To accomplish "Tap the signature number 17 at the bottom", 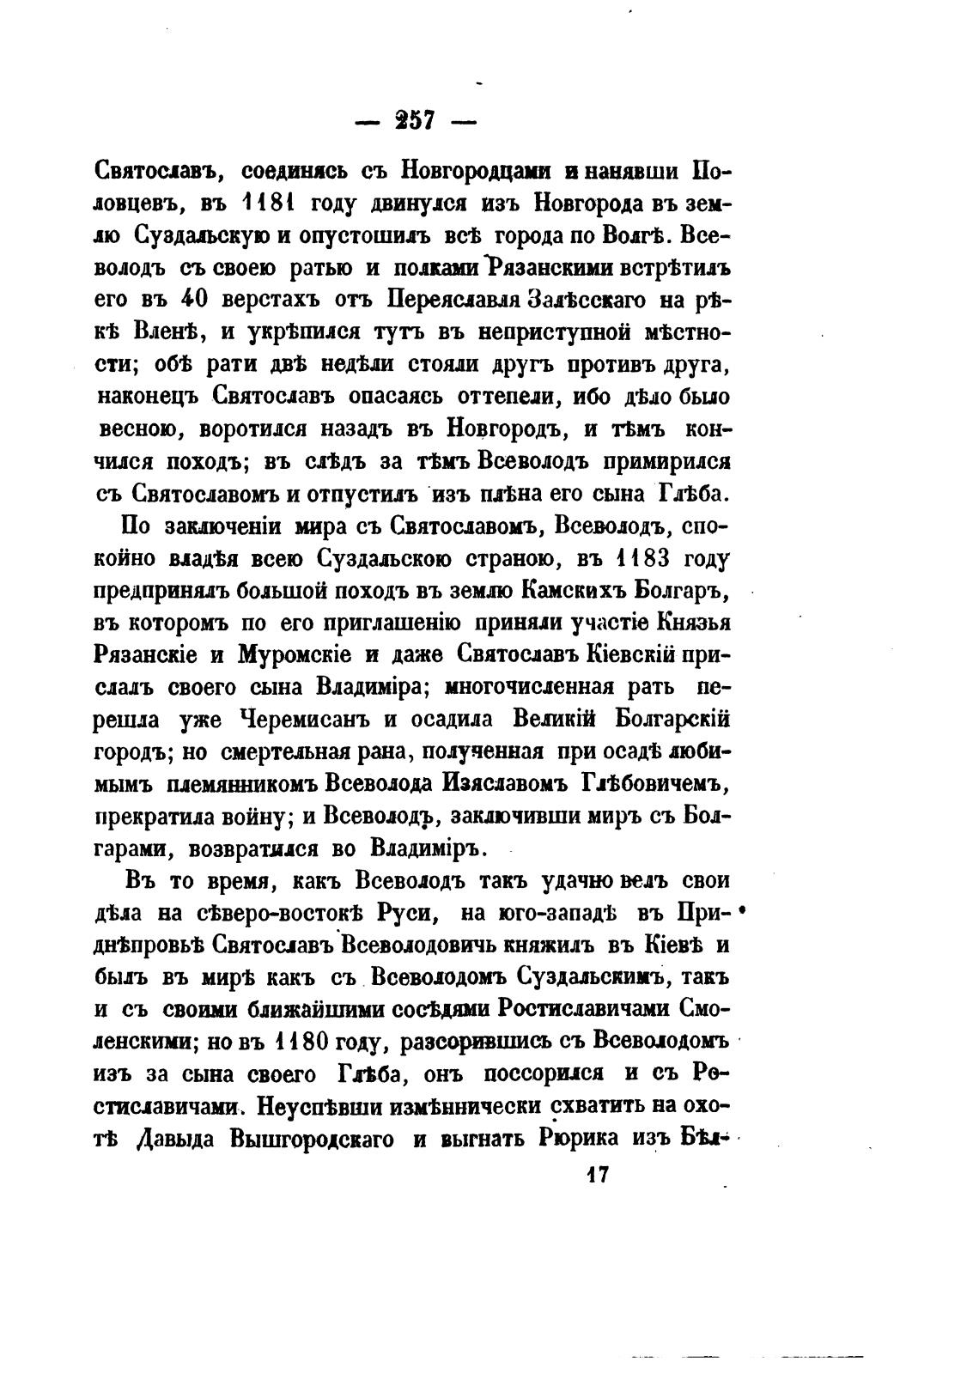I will [x=595, y=1175].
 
